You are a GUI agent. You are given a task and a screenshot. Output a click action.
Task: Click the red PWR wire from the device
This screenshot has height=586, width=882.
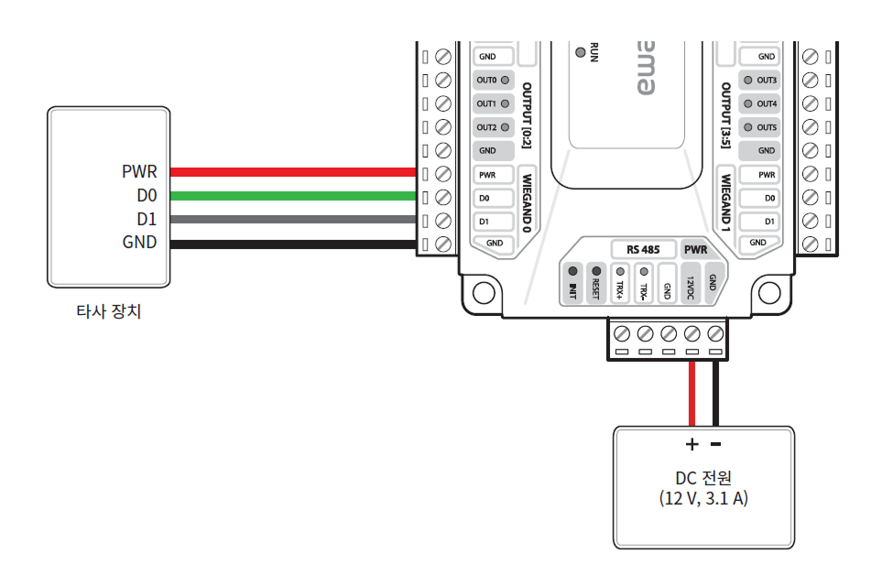pyautogui.click(x=293, y=171)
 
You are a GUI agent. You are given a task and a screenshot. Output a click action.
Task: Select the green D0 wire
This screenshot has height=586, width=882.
pyautogui.click(x=293, y=196)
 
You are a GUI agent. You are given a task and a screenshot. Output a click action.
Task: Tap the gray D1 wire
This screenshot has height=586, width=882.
pyautogui.click(x=293, y=220)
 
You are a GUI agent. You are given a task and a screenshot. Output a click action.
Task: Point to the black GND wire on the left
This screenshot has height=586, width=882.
pyautogui.click(x=293, y=244)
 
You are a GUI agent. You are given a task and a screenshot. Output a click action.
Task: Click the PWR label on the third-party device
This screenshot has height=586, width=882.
pyautogui.click(x=139, y=171)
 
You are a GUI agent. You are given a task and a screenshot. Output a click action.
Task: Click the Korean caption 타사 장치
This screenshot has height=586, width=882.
pyautogui.click(x=109, y=311)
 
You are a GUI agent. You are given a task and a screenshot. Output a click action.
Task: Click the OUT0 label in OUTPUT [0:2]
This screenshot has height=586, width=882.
pyautogui.click(x=486, y=80)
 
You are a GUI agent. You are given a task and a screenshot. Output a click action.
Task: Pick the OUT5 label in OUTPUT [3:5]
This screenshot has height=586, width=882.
pyautogui.click(x=767, y=127)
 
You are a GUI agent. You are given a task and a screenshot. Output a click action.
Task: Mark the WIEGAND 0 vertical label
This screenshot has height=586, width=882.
pyautogui.click(x=527, y=204)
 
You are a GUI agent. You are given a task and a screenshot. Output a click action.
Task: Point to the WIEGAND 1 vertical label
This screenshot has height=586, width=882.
pyautogui.click(x=724, y=202)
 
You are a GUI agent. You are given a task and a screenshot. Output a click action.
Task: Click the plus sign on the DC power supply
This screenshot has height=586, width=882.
pyautogui.click(x=691, y=445)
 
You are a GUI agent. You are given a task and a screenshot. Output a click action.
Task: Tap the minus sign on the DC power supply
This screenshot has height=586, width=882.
pyautogui.click(x=715, y=445)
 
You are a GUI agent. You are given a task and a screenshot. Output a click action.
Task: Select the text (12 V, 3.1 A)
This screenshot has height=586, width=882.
pyautogui.click(x=702, y=500)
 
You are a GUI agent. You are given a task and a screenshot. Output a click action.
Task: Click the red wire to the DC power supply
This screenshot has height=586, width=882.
pyautogui.click(x=691, y=394)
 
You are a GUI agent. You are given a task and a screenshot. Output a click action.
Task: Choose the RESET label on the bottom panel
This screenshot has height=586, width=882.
pyautogui.click(x=595, y=290)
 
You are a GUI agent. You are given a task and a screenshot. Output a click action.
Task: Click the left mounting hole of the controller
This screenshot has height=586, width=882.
pyautogui.click(x=483, y=293)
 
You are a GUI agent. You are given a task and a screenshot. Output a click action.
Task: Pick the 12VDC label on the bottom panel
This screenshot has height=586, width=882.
pyautogui.click(x=691, y=288)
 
